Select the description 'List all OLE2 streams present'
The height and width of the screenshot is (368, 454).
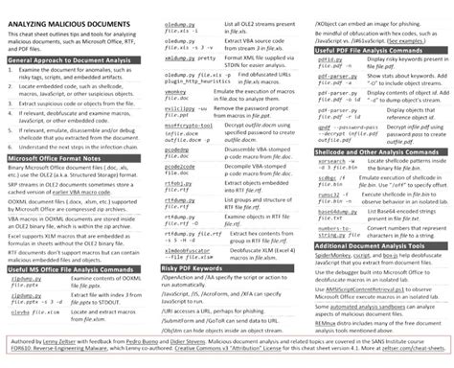(x=256, y=8)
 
